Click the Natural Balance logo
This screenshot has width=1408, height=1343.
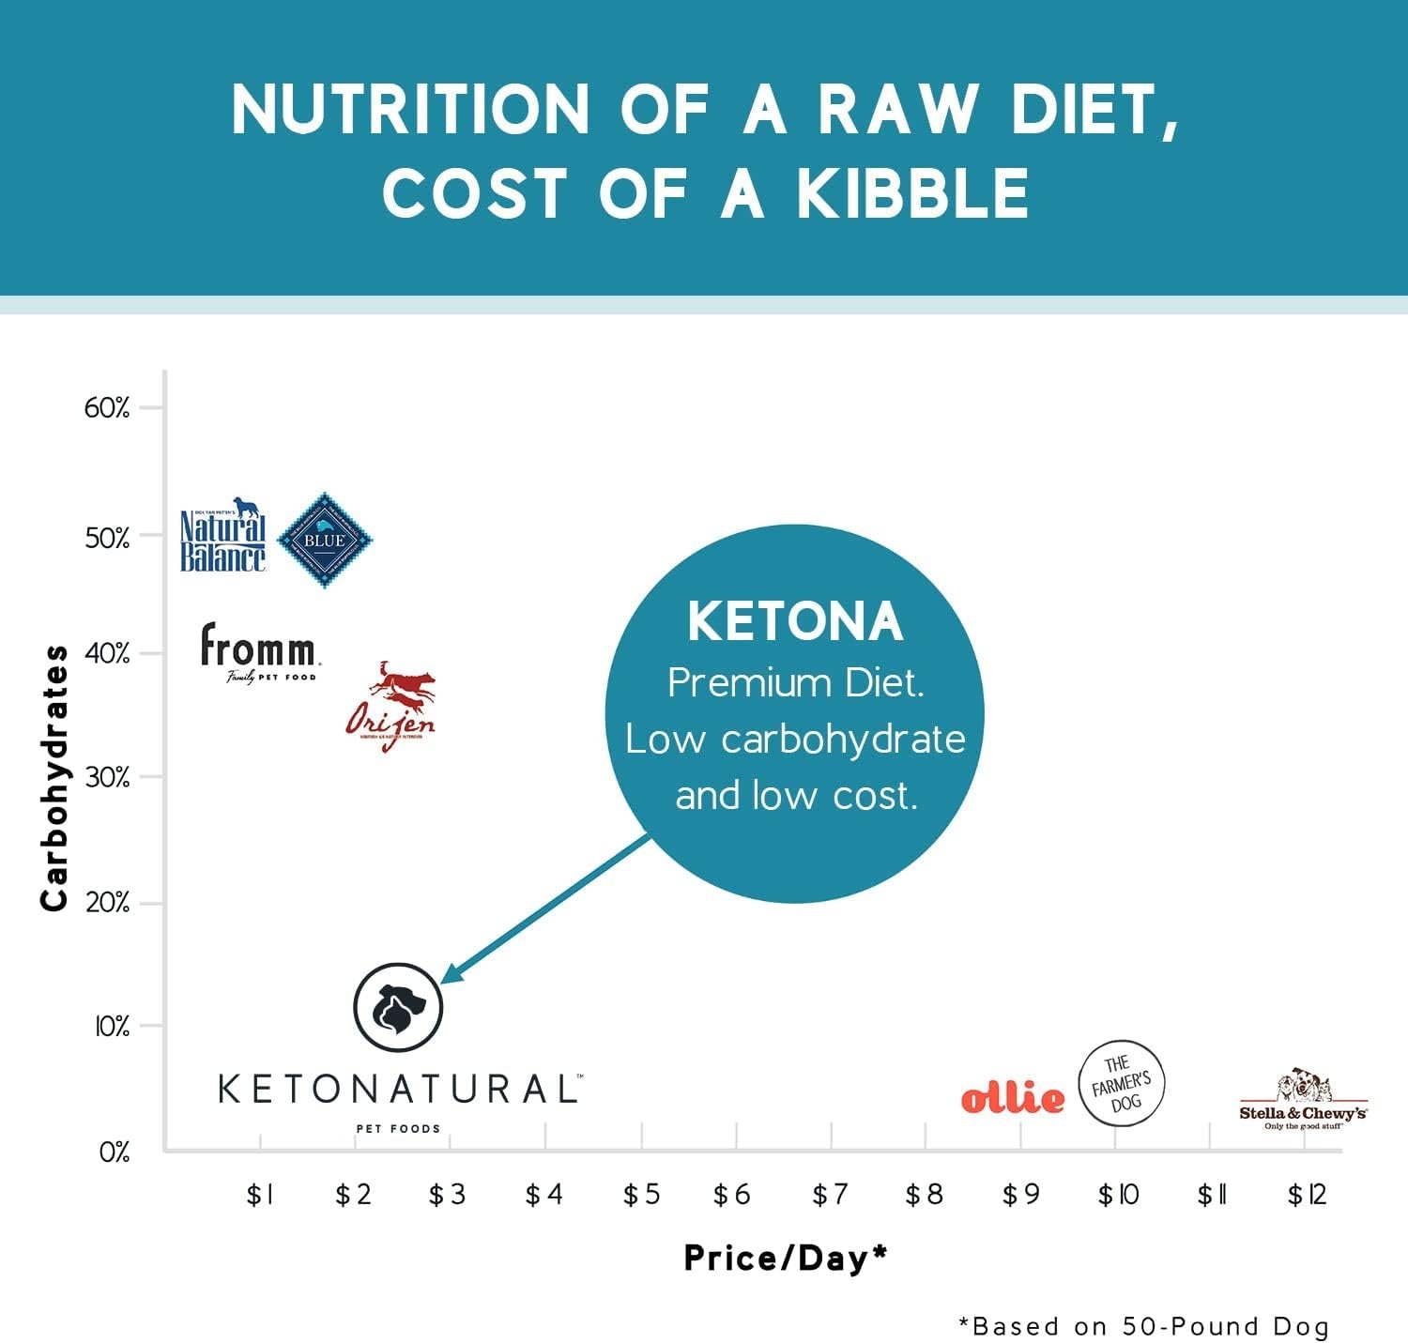coord(222,536)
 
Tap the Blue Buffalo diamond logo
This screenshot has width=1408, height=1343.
coord(325,540)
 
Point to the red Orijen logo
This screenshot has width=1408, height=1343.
coord(391,708)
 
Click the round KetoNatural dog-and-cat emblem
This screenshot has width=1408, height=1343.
coord(398,1007)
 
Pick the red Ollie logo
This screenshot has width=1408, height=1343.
coord(1013,1097)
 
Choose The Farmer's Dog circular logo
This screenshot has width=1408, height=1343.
coord(1121,1083)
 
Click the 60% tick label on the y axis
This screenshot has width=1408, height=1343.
coord(107,407)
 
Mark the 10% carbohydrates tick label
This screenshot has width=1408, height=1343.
coord(112,1027)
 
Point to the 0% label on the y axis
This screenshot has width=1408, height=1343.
coord(115,1152)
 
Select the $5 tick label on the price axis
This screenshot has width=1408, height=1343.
coord(641,1195)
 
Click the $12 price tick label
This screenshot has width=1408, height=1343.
coord(1307,1195)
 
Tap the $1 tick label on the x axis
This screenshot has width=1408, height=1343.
coord(259,1195)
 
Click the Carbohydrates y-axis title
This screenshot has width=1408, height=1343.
coord(54,777)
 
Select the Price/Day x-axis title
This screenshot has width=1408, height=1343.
coord(786,1259)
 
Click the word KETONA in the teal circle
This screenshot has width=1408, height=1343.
coord(795,622)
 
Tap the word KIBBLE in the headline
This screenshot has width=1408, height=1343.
coord(912,194)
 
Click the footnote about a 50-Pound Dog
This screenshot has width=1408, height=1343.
coord(1143,1326)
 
